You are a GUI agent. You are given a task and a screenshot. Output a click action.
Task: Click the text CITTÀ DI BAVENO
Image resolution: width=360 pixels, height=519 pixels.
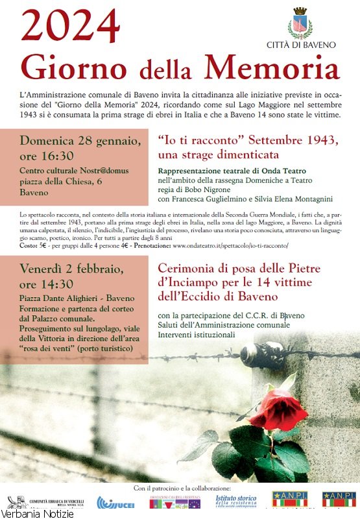pos(301,45)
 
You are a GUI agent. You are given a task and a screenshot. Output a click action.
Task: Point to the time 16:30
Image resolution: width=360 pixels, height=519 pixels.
pos(56,155)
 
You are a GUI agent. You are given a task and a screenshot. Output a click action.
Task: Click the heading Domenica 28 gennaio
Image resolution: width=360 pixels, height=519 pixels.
pos(80,140)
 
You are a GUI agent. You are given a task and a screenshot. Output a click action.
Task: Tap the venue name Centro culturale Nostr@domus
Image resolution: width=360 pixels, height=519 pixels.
pos(74,171)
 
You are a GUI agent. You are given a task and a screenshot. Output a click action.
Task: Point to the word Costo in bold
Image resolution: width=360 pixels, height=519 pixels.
pos(29,247)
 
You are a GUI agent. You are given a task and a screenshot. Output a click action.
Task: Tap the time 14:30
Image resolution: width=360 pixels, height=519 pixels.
pos(56,285)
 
